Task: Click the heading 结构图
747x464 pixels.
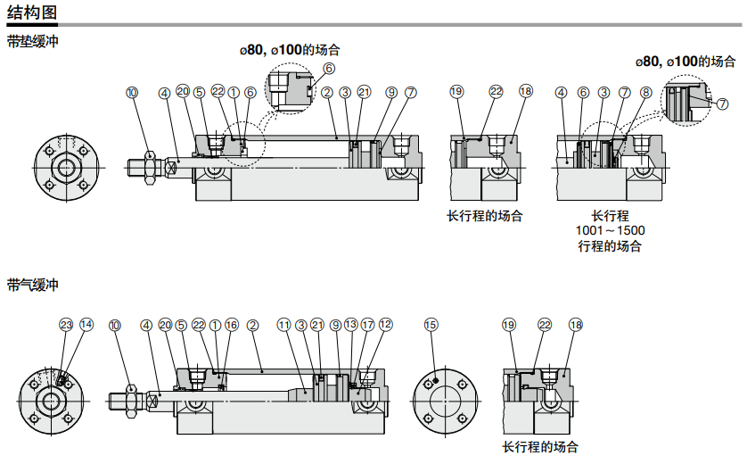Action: (x=32, y=12)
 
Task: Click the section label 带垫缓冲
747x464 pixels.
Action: (x=32, y=41)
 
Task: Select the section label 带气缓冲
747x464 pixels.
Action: (x=32, y=285)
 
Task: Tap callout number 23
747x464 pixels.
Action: (x=66, y=325)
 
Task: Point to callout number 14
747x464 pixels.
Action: (x=86, y=325)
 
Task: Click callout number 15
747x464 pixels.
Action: (x=431, y=325)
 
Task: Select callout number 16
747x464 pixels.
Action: (x=232, y=325)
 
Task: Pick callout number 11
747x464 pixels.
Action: (x=284, y=325)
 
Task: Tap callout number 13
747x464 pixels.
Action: (x=351, y=324)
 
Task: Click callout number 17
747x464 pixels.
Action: (x=368, y=325)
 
